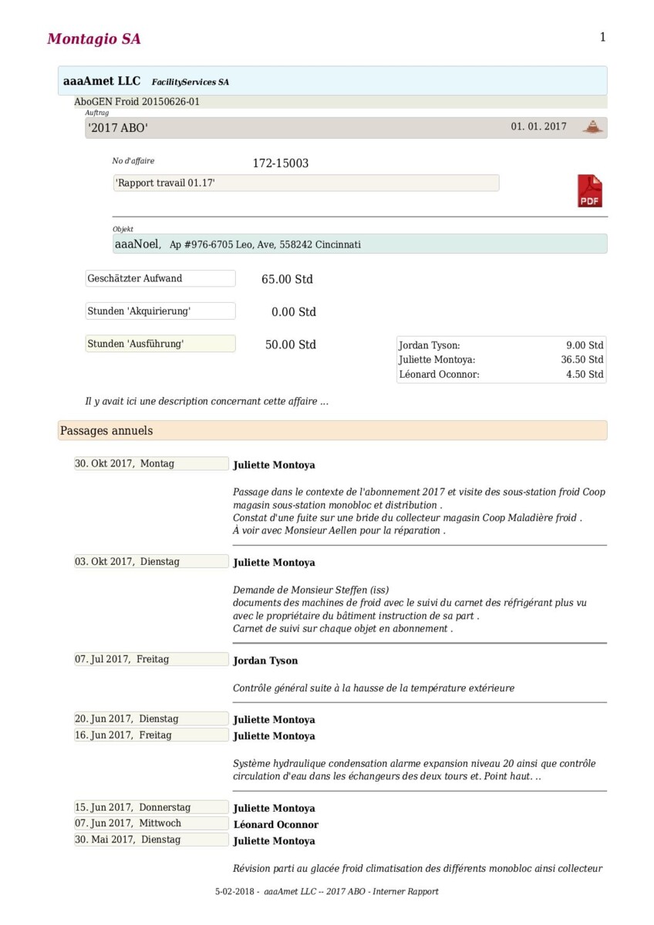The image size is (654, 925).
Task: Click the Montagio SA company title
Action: coord(93,39)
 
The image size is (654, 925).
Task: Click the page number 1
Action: coord(602,37)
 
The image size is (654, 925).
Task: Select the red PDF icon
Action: coord(589,191)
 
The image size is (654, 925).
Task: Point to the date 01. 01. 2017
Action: coord(538,127)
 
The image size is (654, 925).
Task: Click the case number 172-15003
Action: coord(281,163)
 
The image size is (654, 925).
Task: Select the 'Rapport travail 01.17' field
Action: coord(305,183)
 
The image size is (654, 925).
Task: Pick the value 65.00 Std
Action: coord(287,279)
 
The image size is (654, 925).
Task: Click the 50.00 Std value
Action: coord(290,345)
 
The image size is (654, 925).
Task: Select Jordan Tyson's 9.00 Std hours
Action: coord(585,346)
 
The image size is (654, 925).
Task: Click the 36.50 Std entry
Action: coord(582,360)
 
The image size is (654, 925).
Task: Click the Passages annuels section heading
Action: coord(106,431)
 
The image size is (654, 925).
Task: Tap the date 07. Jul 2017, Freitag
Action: coord(122,659)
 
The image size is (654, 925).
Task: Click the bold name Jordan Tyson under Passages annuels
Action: coord(265,661)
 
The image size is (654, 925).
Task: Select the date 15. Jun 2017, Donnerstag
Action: coord(133,807)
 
